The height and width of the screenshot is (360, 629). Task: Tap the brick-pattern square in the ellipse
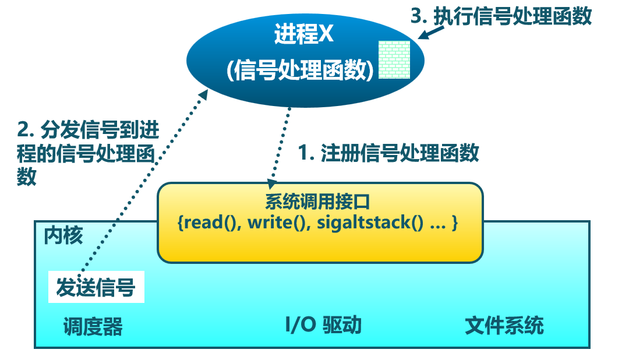coord(395,59)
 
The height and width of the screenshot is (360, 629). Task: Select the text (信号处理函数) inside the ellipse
coord(300,70)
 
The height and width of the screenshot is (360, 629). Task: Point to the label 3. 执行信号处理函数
coord(501,16)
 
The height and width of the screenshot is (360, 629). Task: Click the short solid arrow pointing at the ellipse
coord(431,32)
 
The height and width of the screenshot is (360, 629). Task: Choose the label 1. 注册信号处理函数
coord(388,153)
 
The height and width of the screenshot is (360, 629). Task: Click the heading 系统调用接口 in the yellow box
coord(317,202)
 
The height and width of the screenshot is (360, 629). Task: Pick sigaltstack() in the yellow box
coord(370,223)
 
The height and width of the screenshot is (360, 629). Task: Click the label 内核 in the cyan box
coord(63,235)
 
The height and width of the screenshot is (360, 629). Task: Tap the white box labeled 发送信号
coord(96,287)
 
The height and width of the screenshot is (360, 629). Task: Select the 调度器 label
coord(93,326)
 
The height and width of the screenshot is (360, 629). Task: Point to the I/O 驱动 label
coord(323,324)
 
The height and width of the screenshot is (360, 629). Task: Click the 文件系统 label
coord(504,325)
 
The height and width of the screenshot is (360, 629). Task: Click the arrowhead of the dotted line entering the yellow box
coord(272,184)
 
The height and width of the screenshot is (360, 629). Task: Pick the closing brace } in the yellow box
coord(454,223)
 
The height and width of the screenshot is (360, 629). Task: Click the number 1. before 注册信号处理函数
coord(306,153)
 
